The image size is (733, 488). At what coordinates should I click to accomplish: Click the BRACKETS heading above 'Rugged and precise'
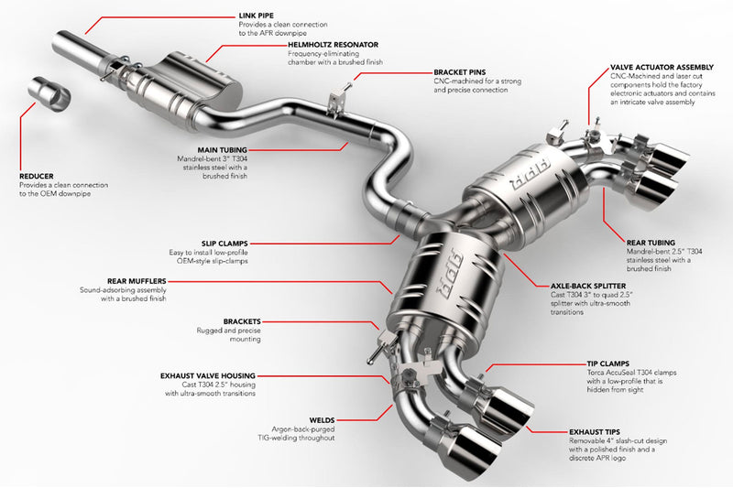coord(242,321)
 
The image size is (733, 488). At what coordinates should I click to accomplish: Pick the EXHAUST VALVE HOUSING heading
coord(207,375)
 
